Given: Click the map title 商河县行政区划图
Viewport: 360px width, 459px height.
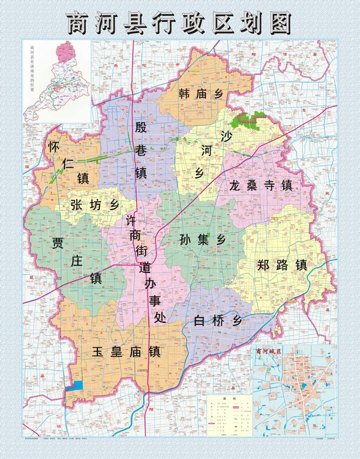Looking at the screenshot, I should pyautogui.click(x=180, y=23).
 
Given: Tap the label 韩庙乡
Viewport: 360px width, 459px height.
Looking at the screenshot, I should pyautogui.click(x=202, y=94).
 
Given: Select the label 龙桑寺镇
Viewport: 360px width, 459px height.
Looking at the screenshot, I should pyautogui.click(x=261, y=185).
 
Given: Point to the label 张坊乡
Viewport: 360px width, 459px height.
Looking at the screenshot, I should pyautogui.click(x=94, y=205).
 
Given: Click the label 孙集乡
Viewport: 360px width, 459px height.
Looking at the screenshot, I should pyautogui.click(x=203, y=240).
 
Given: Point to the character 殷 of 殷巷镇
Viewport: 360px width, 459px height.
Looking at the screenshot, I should pyautogui.click(x=141, y=128).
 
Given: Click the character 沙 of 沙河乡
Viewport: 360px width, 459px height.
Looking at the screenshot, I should pyautogui.click(x=227, y=135).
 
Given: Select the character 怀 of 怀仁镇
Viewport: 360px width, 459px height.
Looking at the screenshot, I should pyautogui.click(x=54, y=148).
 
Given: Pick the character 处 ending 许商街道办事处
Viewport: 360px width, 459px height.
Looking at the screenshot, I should pyautogui.click(x=160, y=317).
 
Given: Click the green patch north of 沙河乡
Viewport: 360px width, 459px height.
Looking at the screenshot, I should pyautogui.click(x=248, y=119).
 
